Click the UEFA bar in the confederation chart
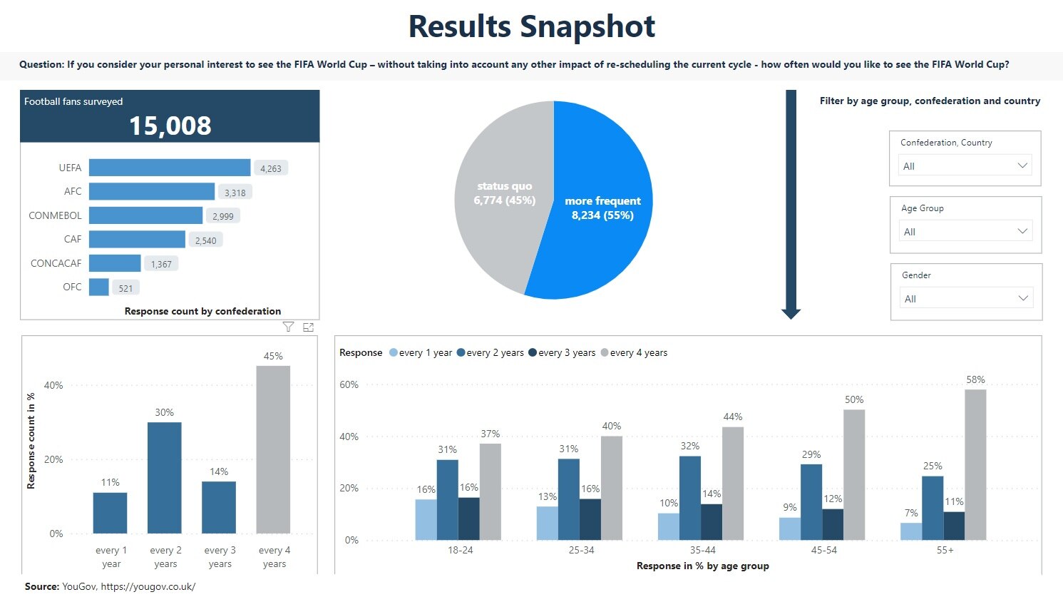(170, 168)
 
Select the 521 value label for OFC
(125, 288)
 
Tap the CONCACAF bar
(115, 263)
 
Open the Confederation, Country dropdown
(965, 165)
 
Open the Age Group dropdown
(965, 231)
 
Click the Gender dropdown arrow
(1023, 298)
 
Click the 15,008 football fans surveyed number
(170, 126)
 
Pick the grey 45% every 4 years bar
(273, 449)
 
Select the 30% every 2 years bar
(164, 478)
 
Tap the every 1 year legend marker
(394, 352)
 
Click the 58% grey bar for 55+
(975, 464)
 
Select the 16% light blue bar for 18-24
(426, 519)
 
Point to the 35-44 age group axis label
(702, 550)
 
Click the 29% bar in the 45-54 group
(811, 501)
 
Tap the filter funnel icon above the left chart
(288, 327)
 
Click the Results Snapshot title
(531, 26)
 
